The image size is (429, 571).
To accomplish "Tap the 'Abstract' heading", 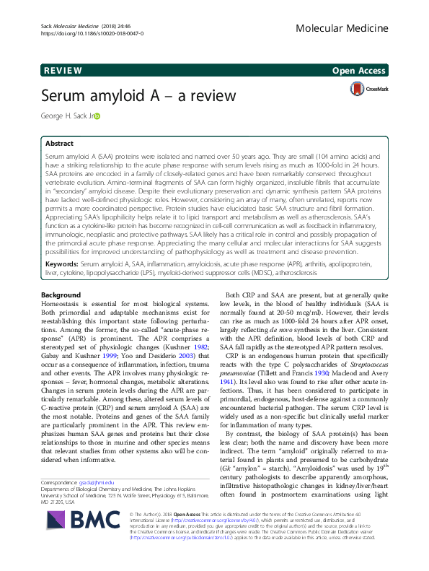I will [61, 144].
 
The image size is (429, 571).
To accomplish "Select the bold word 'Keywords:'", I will [62, 266].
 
